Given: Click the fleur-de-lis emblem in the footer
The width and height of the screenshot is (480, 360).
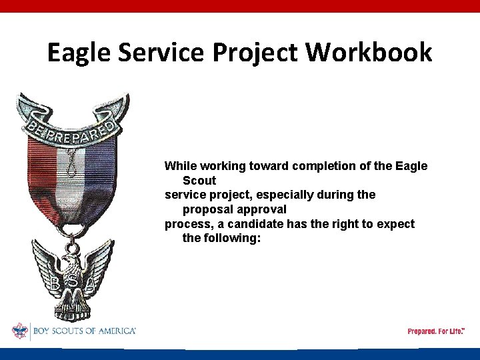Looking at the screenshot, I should [x=20, y=331].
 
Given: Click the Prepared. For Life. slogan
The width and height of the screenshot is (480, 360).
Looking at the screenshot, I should [x=436, y=331].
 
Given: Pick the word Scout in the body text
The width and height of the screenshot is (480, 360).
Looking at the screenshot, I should [x=199, y=181].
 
